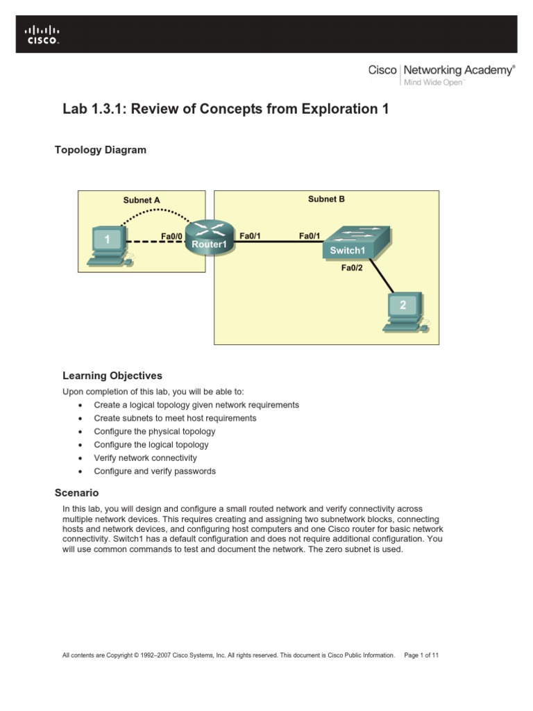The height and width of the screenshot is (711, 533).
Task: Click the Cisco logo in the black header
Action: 42,35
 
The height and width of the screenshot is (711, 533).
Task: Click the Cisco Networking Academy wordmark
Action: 441,70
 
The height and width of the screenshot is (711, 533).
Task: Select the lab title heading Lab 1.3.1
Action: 226,109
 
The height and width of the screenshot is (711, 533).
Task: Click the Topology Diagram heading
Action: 101,150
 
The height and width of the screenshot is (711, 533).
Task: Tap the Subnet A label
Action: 142,200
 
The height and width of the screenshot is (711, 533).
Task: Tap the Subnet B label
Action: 326,199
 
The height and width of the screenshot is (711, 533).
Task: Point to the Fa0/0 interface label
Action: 171,236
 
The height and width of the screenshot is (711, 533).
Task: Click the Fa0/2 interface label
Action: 351,267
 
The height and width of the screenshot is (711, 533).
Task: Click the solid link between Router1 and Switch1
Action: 278,242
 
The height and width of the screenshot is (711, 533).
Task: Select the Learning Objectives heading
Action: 112,376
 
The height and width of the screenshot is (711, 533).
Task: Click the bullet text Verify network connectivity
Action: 146,458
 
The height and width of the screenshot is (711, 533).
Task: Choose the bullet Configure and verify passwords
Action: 155,471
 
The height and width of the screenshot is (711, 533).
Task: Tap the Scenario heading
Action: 76,493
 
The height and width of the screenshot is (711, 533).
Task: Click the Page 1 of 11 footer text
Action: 421,655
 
